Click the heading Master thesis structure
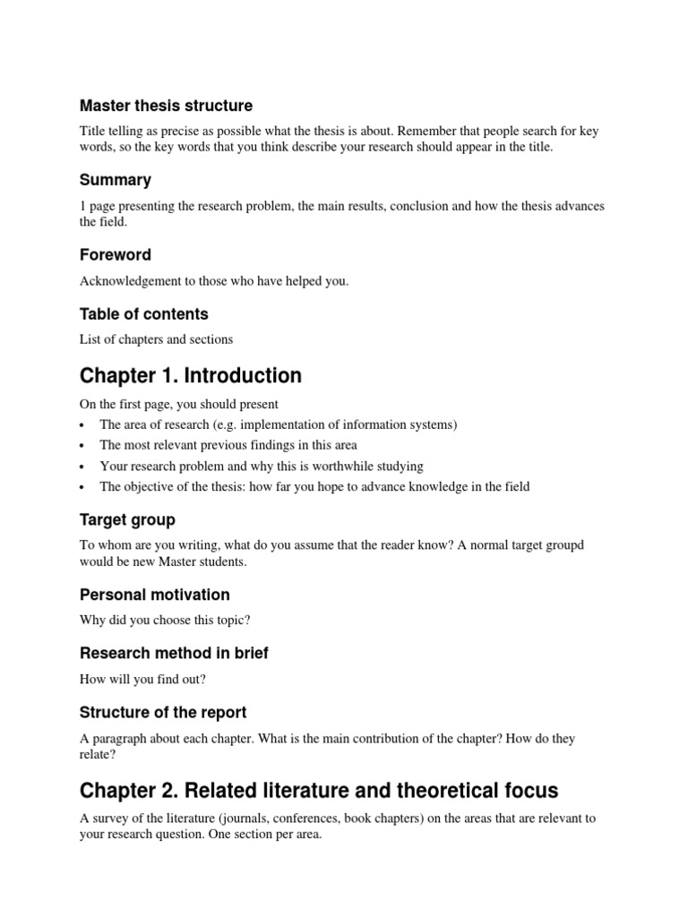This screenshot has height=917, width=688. [166, 106]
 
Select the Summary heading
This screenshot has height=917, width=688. [116, 180]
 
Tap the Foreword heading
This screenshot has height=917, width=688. [116, 255]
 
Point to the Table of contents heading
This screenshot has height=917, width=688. [143, 314]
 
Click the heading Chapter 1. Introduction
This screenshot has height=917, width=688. [191, 375]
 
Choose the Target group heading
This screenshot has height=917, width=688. [127, 520]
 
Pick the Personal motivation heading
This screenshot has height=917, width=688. [155, 595]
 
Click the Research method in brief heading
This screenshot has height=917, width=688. [174, 654]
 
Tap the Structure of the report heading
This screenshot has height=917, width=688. [163, 713]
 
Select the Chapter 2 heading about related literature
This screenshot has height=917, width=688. [319, 791]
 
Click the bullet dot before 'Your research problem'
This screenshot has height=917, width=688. [82, 467]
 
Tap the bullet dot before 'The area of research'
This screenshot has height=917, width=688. [82, 425]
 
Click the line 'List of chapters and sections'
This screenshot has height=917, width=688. [156, 339]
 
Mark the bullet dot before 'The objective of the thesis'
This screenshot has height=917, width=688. [82, 488]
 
